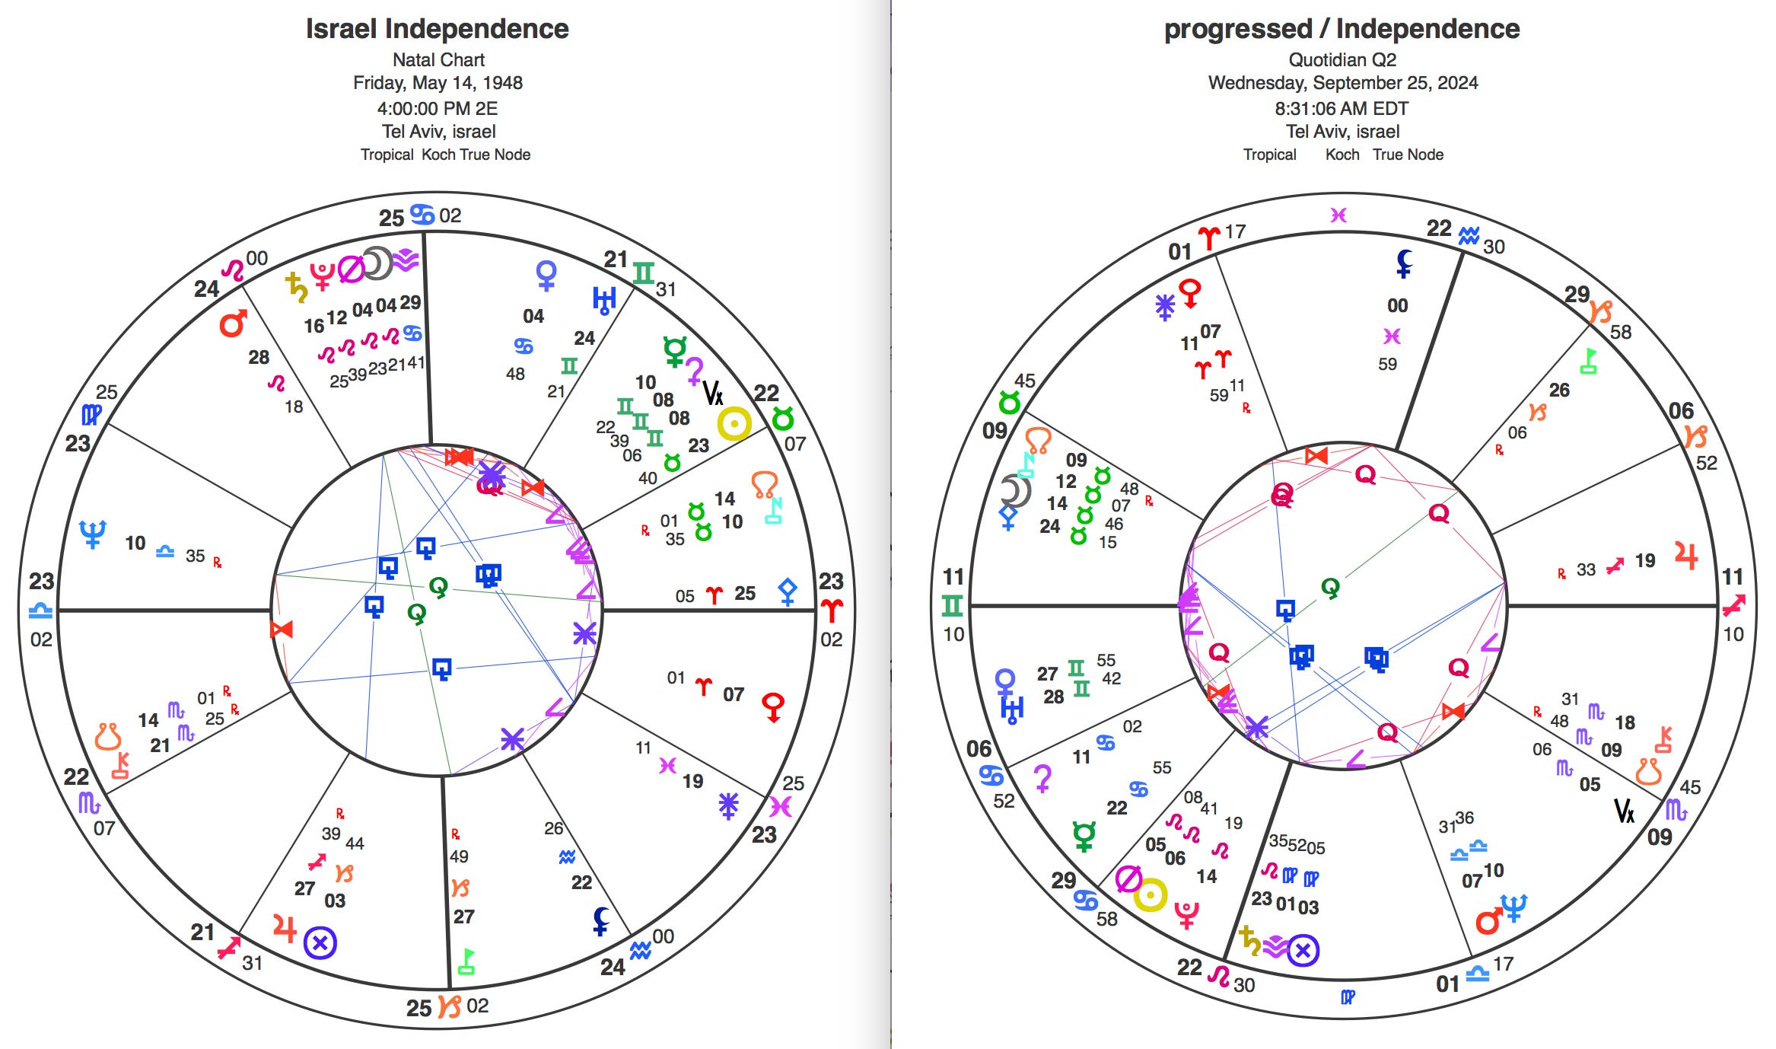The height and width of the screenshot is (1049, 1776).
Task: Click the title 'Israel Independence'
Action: point(437,29)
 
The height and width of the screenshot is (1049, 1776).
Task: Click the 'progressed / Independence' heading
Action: point(1342,29)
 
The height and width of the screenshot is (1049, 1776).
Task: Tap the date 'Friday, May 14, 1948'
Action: point(438,82)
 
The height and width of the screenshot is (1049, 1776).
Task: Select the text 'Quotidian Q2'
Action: point(1342,59)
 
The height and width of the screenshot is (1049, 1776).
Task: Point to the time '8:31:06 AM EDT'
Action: point(1342,108)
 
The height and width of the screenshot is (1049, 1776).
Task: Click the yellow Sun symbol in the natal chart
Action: point(734,424)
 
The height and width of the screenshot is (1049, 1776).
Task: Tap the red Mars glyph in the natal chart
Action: point(233,324)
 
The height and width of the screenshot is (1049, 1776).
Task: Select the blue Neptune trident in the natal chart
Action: point(93,534)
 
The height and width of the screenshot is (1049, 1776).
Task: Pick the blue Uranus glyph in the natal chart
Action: point(603,300)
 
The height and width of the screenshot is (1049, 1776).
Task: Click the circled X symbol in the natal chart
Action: point(320,943)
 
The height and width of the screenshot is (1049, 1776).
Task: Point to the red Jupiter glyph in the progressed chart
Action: point(1686,556)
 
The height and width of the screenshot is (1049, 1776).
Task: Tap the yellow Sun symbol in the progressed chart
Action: point(1150,895)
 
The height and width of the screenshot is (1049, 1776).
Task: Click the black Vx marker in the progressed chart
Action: point(1624,811)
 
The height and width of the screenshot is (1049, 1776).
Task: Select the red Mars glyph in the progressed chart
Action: point(1488,921)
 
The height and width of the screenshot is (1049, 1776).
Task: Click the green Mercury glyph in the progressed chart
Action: point(1084,836)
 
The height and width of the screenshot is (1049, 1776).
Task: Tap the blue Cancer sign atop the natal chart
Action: point(422,215)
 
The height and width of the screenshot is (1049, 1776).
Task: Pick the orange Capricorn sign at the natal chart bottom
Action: point(450,1006)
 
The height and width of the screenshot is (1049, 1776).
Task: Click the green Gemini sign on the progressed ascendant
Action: point(953,606)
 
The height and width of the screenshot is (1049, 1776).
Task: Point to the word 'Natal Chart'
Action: point(438,59)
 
